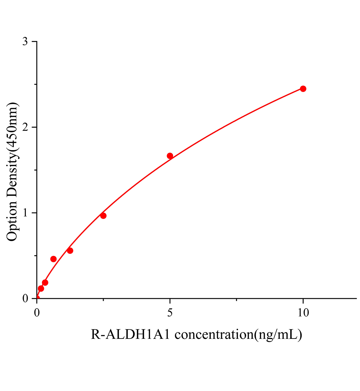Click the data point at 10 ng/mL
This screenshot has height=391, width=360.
coord(303,89)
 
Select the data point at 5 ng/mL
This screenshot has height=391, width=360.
coord(170,156)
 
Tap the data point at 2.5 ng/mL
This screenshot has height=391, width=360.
coord(103,216)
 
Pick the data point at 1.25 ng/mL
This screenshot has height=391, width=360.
coord(70,251)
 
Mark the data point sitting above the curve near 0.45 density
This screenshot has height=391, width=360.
coord(53,259)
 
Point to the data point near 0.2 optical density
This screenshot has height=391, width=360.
coord(45,282)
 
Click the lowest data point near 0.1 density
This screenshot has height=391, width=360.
coord(41,288)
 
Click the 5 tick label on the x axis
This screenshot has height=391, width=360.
coord(170,313)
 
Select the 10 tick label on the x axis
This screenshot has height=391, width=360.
coord(303,313)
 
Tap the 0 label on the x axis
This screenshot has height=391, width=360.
coord(37,313)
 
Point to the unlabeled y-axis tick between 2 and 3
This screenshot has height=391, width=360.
coord(35,84)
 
